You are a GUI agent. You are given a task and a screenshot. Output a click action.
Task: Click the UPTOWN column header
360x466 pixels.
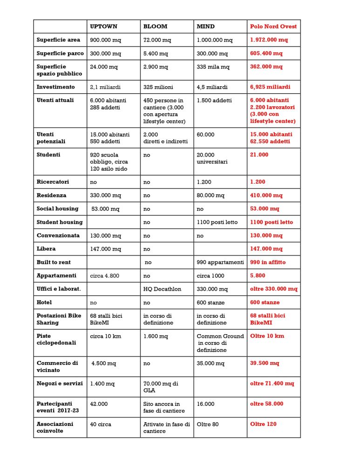pyautogui.click(x=104, y=27)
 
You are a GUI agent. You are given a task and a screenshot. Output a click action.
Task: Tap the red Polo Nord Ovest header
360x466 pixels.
pyautogui.click(x=273, y=27)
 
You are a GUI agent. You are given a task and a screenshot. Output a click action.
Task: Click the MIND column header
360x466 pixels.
pyautogui.click(x=206, y=27)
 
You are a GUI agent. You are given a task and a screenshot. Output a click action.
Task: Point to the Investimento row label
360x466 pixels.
pyautogui.click(x=55, y=87)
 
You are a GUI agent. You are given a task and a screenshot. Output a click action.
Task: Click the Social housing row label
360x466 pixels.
pyautogui.click(x=58, y=209)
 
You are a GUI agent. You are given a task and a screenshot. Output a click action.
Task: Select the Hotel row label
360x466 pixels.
pyautogui.click(x=44, y=302)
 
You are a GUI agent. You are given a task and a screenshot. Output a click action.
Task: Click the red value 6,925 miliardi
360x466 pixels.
pyautogui.click(x=270, y=87)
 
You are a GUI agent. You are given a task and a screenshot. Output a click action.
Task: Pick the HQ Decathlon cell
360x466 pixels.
pyautogui.click(x=162, y=289)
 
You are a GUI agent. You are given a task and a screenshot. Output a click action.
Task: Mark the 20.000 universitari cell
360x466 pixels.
pyautogui.click(x=212, y=158)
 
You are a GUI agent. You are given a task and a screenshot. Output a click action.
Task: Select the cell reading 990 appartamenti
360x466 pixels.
pyautogui.click(x=220, y=262)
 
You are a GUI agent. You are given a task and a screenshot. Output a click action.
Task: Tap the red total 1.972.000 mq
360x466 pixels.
pyautogui.click(x=269, y=40)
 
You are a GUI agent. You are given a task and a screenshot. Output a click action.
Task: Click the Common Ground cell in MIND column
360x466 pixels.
pyautogui.click(x=220, y=343)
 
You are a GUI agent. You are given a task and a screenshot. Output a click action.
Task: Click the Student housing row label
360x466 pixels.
pyautogui.click(x=60, y=222)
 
